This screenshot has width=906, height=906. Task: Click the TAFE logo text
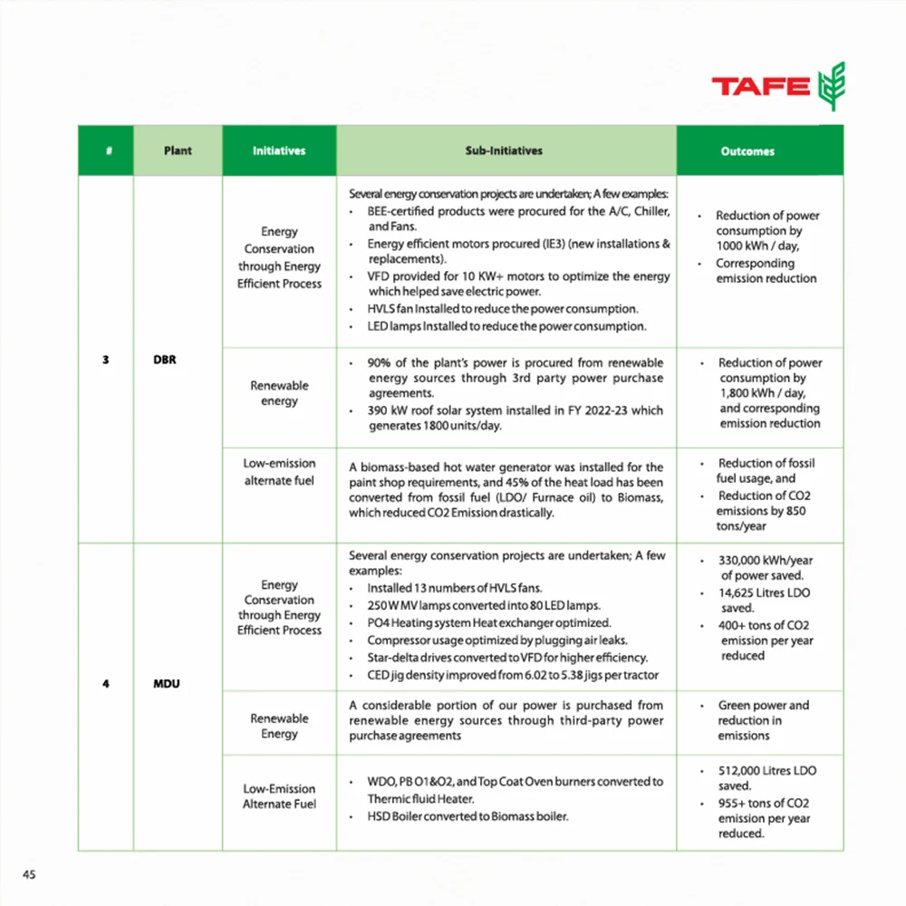click(x=760, y=87)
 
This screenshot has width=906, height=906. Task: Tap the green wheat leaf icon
click(x=831, y=87)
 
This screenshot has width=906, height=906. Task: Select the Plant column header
click(x=178, y=150)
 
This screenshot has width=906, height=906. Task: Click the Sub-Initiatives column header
click(x=506, y=150)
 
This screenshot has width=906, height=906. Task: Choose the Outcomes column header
click(x=747, y=151)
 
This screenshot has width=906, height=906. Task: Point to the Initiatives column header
click(x=279, y=150)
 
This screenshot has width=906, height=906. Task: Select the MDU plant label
click(x=165, y=683)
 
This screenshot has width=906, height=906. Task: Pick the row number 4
click(x=106, y=683)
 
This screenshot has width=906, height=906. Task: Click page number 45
click(x=30, y=874)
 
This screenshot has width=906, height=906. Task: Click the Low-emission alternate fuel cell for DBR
click(x=279, y=472)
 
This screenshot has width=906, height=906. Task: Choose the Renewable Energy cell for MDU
click(x=279, y=726)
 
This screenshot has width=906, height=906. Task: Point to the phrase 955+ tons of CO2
click(x=764, y=803)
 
